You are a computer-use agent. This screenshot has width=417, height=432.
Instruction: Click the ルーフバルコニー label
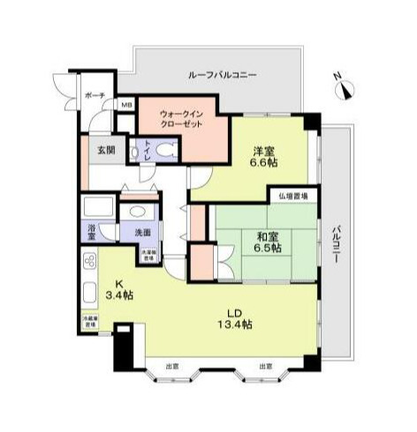222,76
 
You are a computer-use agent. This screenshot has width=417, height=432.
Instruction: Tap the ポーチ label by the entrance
95,95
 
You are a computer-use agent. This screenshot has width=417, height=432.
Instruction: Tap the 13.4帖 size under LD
236,324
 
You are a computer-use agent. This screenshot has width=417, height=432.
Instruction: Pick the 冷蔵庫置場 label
90,321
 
